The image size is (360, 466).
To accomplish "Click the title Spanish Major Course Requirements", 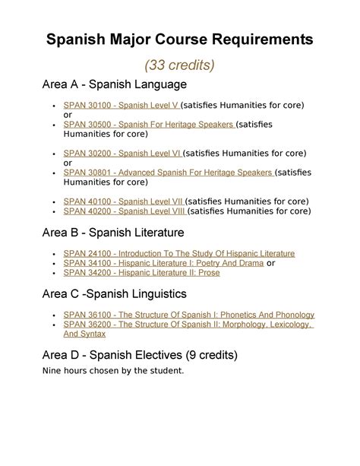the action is point(180,39).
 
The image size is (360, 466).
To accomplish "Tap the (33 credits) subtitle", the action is point(180,65).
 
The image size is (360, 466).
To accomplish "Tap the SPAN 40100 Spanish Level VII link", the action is point(124,201).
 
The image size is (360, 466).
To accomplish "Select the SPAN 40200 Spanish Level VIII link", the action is point(125,211).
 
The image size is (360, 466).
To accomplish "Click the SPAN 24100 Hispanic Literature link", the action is point(179,253).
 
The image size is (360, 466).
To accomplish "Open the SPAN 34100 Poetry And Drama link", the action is point(163,263).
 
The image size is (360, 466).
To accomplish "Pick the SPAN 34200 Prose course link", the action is point(141,273).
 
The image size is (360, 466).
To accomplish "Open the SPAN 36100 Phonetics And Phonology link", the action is point(188,314).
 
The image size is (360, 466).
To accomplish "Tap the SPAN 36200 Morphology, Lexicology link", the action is point(188,324).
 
